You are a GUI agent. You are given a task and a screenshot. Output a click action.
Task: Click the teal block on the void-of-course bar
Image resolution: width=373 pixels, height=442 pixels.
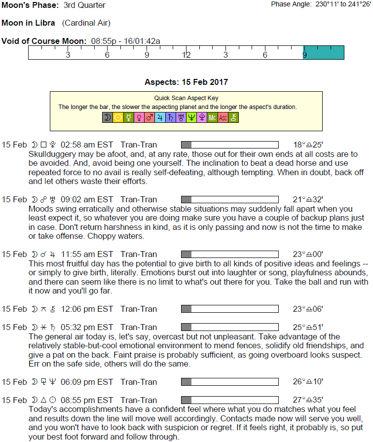click(x=324, y=52)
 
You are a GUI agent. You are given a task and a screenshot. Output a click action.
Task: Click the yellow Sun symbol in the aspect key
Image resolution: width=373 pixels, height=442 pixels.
click(x=118, y=117)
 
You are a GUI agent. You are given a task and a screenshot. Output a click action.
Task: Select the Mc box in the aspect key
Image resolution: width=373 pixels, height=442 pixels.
click(x=212, y=117)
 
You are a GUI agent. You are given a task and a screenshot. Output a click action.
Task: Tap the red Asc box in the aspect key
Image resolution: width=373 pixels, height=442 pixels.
click(x=223, y=117)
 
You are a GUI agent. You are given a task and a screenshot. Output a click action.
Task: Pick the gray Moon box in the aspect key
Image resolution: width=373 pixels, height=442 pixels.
click(x=107, y=117)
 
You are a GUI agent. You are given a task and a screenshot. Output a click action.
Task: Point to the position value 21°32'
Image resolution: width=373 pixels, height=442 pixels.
click(x=308, y=200)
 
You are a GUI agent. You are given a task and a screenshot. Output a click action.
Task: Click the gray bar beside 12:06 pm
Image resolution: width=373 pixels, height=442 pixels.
click(x=186, y=309)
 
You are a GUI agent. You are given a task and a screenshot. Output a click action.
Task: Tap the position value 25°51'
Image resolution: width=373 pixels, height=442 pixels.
click(x=308, y=328)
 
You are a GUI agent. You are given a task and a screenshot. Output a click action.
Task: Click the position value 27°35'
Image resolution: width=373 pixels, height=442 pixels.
click(x=308, y=401)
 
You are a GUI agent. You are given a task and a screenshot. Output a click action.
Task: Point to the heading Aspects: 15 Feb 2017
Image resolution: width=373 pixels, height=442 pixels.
click(x=186, y=82)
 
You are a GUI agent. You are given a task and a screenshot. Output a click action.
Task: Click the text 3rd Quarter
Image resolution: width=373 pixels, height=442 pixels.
click(x=84, y=5)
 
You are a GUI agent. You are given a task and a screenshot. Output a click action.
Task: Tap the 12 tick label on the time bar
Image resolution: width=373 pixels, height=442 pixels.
click(x=186, y=55)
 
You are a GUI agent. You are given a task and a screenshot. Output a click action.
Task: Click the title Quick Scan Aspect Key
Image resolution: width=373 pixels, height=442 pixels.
click(x=186, y=98)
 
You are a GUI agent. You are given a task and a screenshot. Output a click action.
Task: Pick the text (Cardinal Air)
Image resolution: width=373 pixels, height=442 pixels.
click(x=86, y=23)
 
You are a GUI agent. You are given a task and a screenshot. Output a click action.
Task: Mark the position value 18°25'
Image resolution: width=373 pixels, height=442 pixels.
click(x=308, y=145)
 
